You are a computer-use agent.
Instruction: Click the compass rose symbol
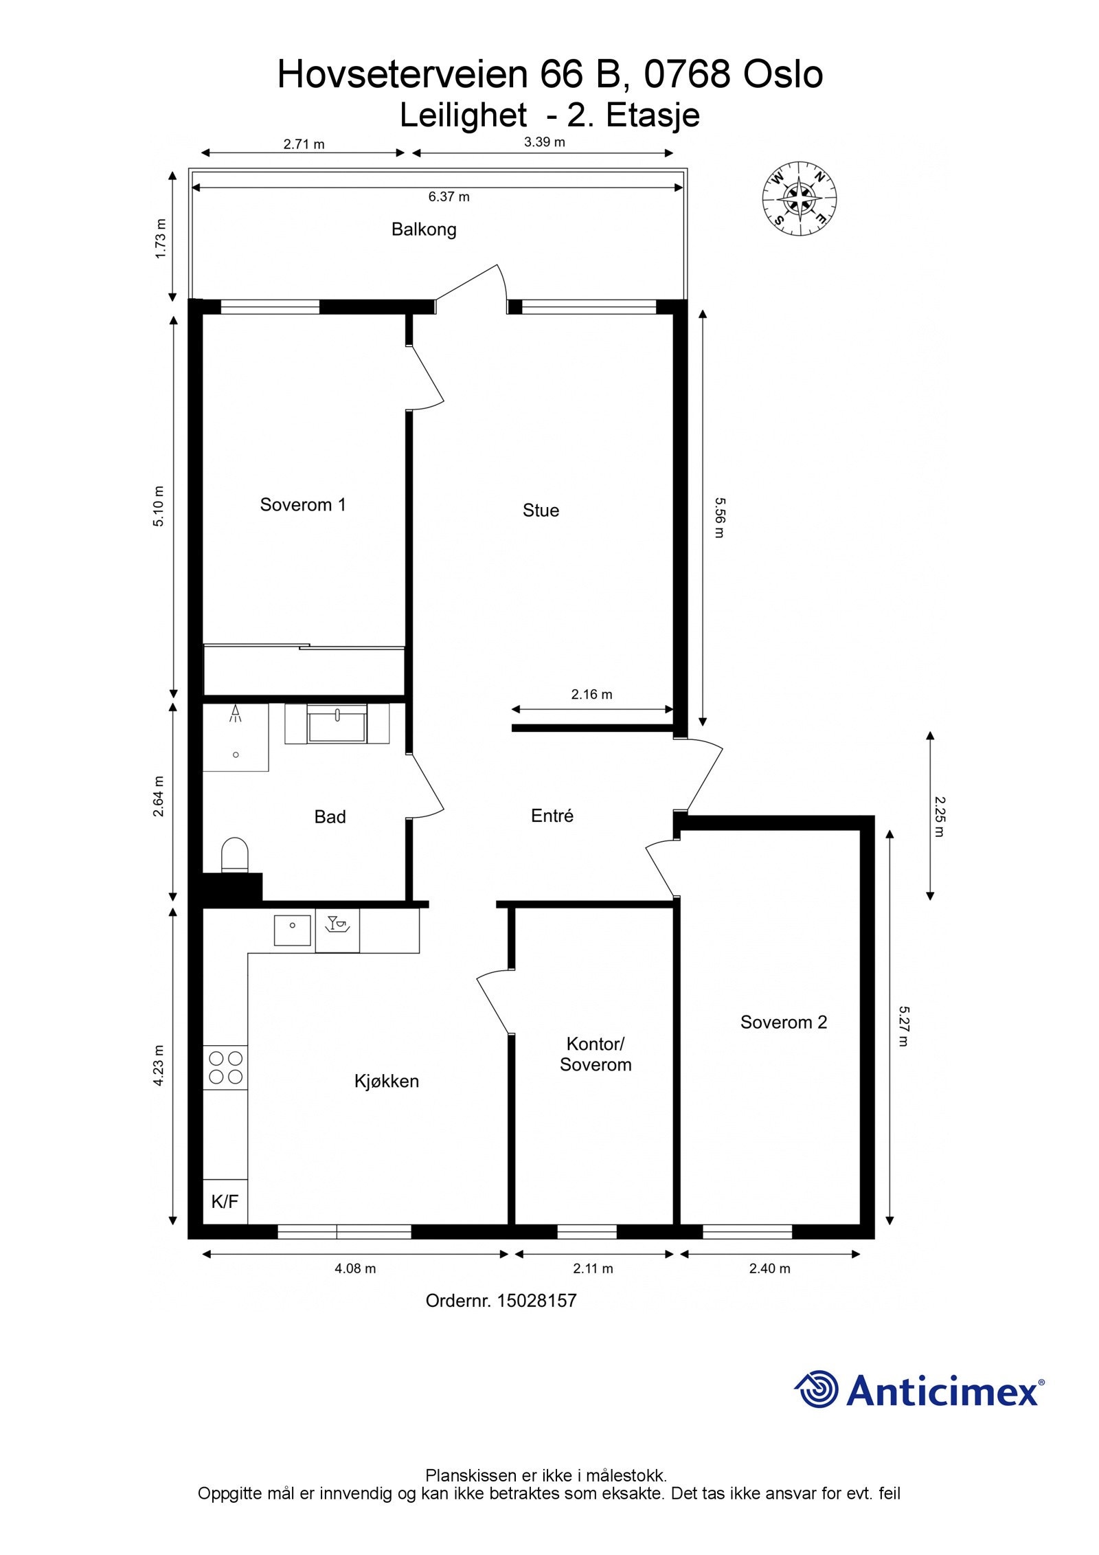click(x=799, y=198)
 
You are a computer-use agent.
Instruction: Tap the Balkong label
click(x=424, y=230)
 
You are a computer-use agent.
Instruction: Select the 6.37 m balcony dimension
click(x=449, y=197)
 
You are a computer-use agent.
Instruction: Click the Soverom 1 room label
click(x=302, y=505)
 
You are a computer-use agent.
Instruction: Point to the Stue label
click(x=541, y=511)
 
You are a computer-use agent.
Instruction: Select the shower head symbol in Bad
click(x=236, y=713)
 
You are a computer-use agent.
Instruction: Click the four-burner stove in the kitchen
click(x=225, y=1067)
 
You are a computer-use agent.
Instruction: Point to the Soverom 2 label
click(x=783, y=1022)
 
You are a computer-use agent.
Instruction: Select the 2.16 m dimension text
click(x=591, y=695)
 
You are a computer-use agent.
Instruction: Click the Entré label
click(x=552, y=816)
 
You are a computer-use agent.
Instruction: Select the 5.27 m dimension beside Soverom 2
click(x=903, y=1026)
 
